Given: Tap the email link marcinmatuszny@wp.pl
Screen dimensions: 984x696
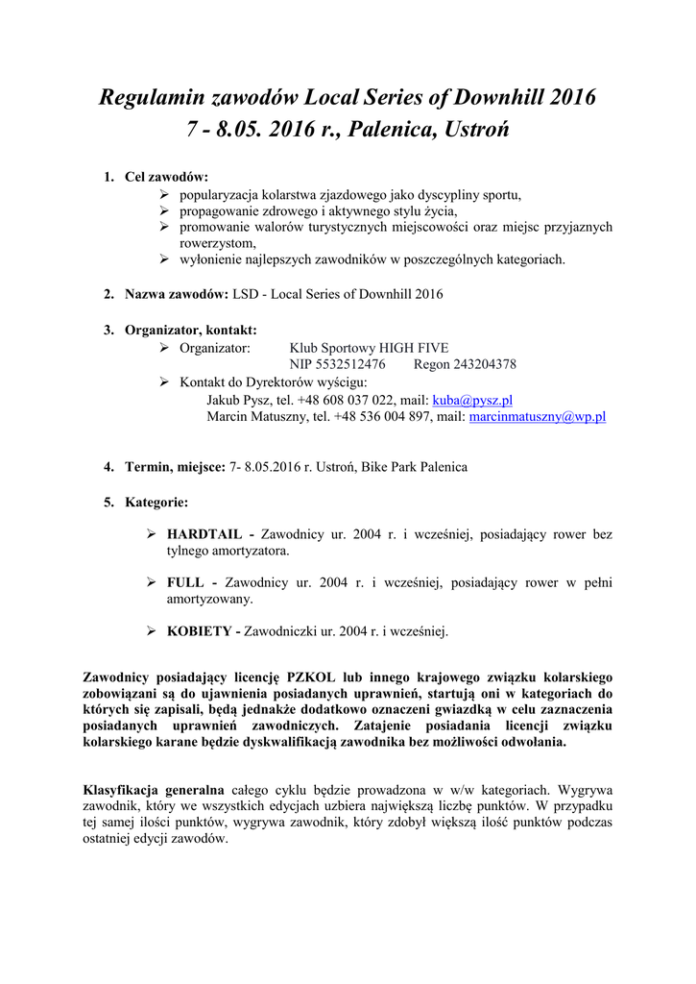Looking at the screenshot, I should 537,417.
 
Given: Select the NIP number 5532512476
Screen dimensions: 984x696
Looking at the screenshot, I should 354,365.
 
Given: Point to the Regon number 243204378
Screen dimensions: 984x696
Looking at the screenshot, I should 481,365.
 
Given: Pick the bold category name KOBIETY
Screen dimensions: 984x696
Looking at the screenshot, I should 199,631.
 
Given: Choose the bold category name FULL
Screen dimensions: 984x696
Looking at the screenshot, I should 187,582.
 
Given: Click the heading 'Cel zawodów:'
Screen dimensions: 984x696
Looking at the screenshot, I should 166,178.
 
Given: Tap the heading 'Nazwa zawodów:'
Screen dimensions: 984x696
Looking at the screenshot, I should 176,294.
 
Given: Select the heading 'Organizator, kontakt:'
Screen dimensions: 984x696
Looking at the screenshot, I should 190,330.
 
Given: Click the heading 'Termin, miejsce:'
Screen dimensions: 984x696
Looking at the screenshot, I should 175,467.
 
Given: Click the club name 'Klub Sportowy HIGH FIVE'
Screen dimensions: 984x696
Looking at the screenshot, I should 369,348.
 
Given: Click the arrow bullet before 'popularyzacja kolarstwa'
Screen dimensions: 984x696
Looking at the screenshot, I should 164,195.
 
